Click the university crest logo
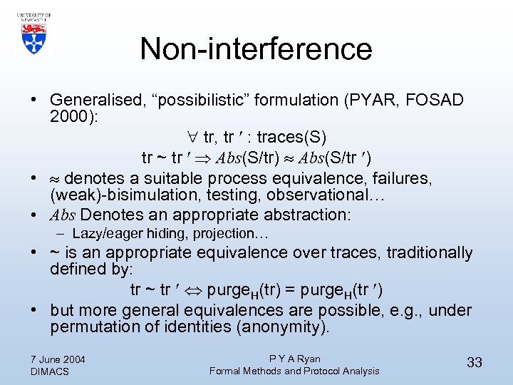pos(32,33)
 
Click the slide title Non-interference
pos(256,49)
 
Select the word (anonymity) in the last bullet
pos(284,328)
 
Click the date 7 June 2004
pos(58,359)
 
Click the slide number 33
pos(474,362)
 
